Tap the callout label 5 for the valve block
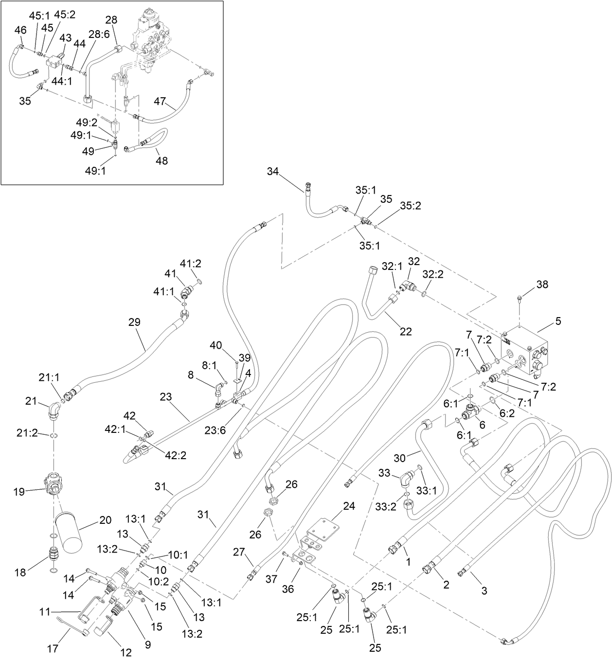coord(558,321)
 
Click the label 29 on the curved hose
coord(134,322)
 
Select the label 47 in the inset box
coord(161,101)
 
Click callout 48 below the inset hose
coord(162,160)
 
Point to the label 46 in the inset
coord(20,30)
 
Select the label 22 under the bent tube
coord(406,332)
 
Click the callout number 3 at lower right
coord(484,590)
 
